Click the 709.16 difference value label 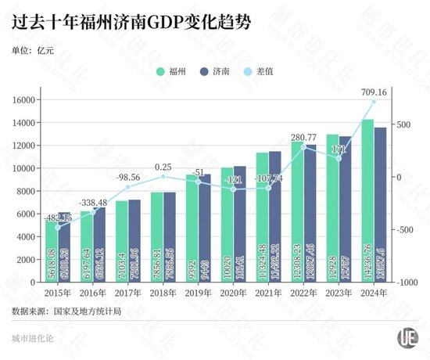click(x=374, y=92)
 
